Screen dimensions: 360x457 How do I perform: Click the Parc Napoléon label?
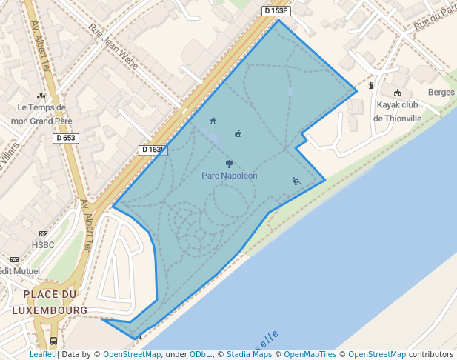point(230,176)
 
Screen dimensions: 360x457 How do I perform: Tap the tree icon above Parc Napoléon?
point(229,164)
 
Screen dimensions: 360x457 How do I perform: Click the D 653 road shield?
point(66,139)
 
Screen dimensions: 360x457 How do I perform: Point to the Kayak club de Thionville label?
point(397,111)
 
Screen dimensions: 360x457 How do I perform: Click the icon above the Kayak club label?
point(398,93)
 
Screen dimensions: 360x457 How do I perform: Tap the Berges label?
point(441,93)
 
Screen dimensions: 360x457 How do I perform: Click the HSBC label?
point(43,245)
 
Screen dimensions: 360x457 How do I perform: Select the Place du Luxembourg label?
point(55,301)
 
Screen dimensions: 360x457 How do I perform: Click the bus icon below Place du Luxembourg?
point(53,341)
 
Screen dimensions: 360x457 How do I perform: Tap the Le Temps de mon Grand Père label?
point(41,113)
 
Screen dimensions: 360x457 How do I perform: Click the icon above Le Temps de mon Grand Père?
point(41,96)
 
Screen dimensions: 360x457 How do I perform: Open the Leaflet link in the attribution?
point(41,354)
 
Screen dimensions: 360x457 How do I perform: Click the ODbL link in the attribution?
point(200,354)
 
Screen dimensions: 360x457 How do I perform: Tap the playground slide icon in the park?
point(296,181)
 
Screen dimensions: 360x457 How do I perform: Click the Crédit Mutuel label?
point(18,271)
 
